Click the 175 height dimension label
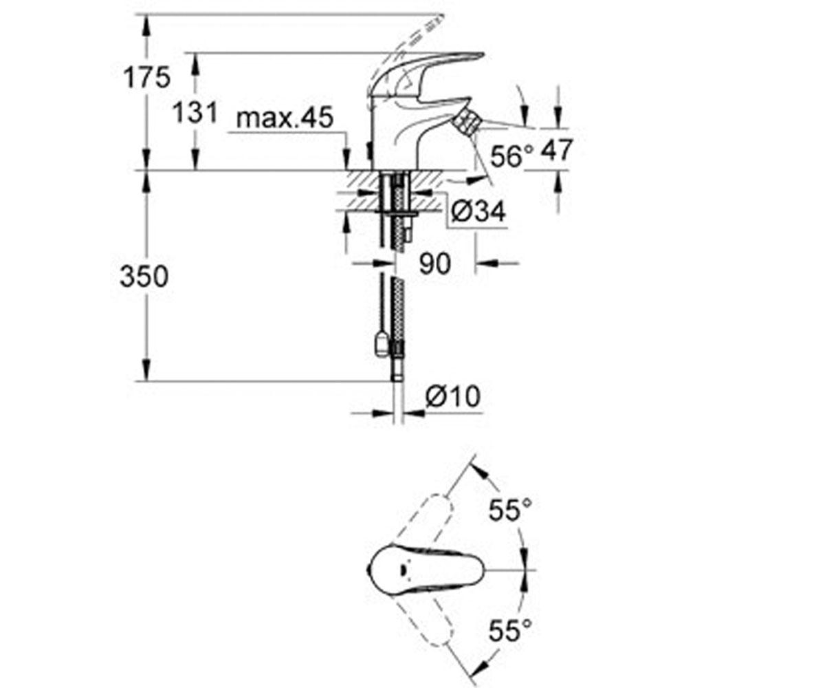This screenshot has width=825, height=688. point(146,77)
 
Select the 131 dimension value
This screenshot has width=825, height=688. point(195,112)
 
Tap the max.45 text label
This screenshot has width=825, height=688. point(285,118)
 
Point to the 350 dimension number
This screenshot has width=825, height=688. point(144,276)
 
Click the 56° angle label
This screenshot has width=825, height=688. point(511,155)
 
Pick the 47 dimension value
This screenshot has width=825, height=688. point(556,150)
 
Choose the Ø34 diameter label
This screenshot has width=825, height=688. point(478,211)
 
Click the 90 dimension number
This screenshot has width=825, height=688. point(434,264)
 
